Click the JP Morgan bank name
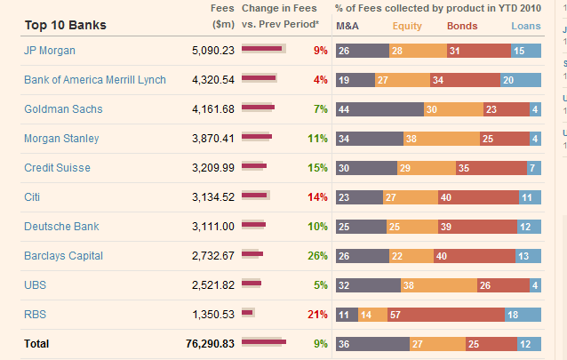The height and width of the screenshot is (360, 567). [50, 51]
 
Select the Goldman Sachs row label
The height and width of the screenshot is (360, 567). [63, 109]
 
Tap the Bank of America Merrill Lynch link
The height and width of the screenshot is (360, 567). [95, 80]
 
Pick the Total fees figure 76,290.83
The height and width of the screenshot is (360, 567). [210, 343]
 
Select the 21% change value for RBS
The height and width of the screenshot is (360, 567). [317, 314]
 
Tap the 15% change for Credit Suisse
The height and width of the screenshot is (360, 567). [317, 168]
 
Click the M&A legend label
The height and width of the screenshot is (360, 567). [347, 26]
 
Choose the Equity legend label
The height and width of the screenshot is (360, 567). [407, 26]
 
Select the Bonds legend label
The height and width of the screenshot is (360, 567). [461, 26]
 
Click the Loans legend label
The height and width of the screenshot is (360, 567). [525, 26]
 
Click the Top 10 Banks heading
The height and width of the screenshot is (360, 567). [66, 25]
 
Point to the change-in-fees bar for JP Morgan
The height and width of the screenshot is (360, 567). [263, 49]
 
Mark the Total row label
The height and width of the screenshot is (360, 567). [37, 343]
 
